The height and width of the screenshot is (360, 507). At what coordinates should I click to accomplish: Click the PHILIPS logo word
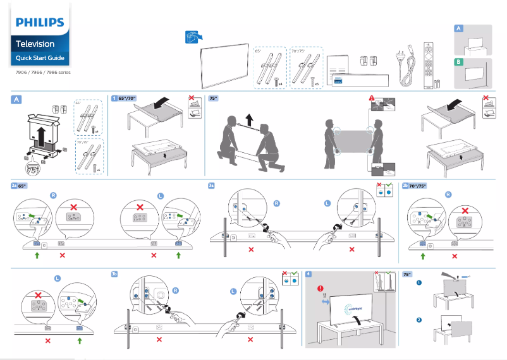click(39, 23)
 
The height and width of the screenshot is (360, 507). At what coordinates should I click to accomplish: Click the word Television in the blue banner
click(35, 44)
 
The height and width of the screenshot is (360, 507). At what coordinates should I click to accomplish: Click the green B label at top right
click(459, 62)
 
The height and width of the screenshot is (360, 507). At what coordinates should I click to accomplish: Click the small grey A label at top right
click(459, 29)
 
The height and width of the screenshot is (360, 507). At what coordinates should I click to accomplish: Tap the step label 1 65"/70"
click(124, 99)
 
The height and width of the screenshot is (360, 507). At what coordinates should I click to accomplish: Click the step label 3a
click(212, 186)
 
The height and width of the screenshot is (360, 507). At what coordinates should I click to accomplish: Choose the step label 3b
click(114, 274)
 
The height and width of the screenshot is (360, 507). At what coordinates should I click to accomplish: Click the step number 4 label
click(308, 274)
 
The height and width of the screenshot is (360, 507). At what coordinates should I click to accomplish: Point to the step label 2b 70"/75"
click(415, 186)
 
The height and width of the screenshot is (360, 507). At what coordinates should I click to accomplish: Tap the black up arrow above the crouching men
click(248, 119)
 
